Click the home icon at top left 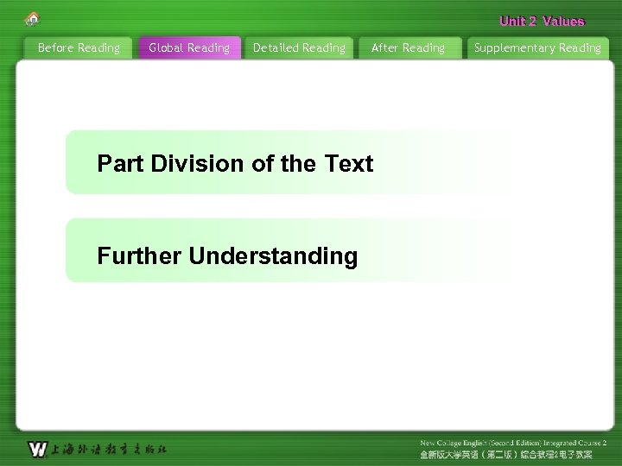coord(33,18)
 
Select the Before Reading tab coord(79,48)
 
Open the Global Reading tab coord(189,48)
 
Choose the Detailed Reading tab coord(299,48)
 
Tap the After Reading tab coord(408,48)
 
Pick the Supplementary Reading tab coord(537,48)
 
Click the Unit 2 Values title coord(542,22)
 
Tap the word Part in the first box coord(121,164)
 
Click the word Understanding coord(273,256)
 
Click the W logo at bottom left coord(37,449)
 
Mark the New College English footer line coord(513,443)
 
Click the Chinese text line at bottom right coord(506,454)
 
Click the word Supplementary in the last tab coord(514,48)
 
